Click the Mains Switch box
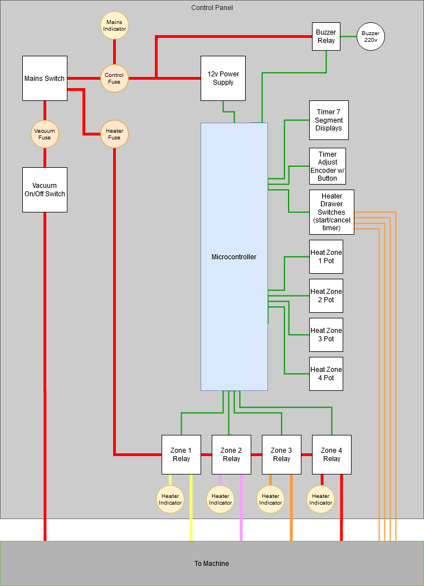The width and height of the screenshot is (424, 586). click(x=45, y=78)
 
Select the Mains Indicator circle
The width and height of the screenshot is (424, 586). click(x=114, y=26)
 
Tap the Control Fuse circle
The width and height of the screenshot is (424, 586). click(x=114, y=78)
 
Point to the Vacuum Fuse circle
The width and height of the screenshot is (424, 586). click(x=45, y=134)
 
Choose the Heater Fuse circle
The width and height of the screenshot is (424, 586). click(x=114, y=134)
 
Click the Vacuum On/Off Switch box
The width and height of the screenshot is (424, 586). click(x=45, y=190)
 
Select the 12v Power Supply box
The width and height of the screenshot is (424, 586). click(x=223, y=78)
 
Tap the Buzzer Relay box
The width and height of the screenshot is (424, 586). click(x=326, y=37)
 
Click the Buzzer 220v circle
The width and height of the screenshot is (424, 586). click(x=371, y=37)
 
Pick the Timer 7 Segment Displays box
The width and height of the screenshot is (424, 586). click(x=329, y=120)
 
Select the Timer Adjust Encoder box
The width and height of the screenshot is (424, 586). click(x=328, y=166)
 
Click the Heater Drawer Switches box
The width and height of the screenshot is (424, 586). click(x=332, y=212)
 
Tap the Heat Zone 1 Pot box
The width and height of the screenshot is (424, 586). click(x=326, y=256)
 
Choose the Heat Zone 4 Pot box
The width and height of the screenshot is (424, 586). click(x=326, y=374)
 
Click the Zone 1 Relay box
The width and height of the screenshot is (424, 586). click(x=181, y=454)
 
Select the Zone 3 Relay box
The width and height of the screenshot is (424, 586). click(x=281, y=454)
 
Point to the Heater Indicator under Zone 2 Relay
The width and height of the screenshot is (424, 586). click(x=220, y=499)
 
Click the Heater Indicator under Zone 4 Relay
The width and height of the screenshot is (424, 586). click(x=320, y=499)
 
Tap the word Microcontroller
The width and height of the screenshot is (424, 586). click(x=234, y=257)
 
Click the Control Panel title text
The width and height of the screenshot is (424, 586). click(x=212, y=8)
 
